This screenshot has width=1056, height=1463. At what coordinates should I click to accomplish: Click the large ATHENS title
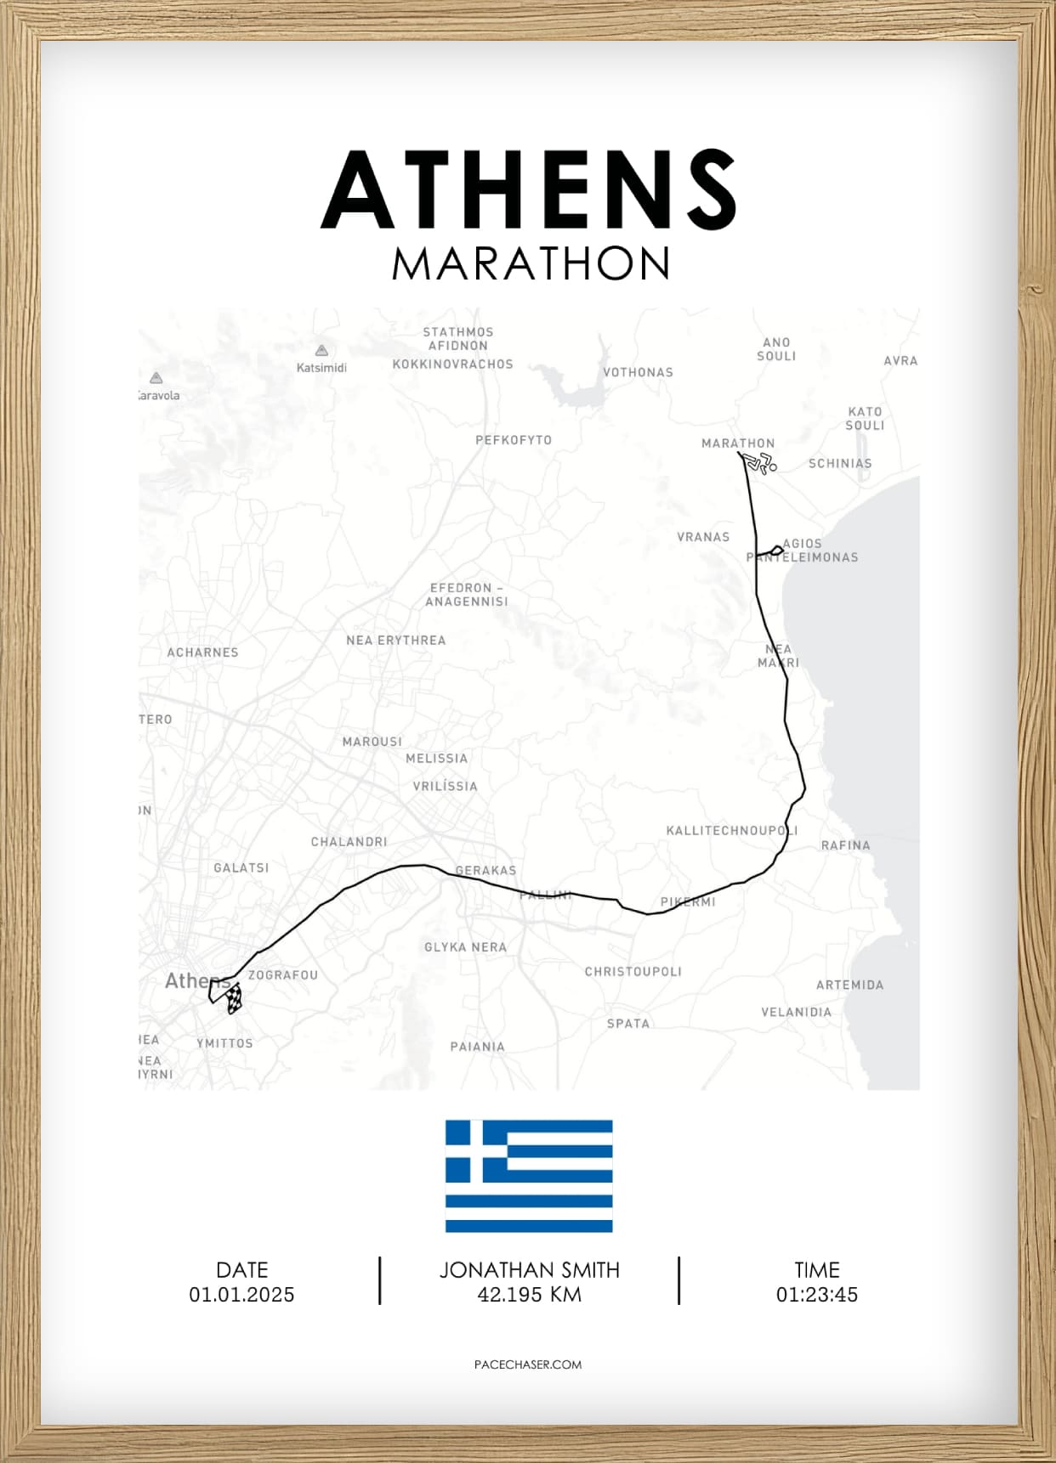tap(528, 190)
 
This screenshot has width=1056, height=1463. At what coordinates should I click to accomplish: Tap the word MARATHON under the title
tap(531, 264)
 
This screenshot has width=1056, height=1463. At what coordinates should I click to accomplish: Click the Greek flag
tap(529, 1176)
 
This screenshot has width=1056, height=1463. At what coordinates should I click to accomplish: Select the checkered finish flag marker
tap(234, 998)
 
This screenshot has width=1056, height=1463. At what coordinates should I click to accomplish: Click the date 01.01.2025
tap(241, 1295)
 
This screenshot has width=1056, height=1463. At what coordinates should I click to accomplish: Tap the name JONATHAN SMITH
tap(529, 1270)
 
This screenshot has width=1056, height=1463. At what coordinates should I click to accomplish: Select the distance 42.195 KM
tap(529, 1295)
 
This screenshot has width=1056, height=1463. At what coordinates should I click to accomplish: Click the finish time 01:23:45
tap(816, 1295)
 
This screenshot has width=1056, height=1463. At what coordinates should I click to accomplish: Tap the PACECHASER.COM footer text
tap(528, 1364)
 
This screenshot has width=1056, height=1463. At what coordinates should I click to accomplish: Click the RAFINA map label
tap(845, 845)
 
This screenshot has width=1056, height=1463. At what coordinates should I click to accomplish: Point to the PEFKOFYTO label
tap(514, 440)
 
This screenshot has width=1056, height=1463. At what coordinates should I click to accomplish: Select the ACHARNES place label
tap(202, 652)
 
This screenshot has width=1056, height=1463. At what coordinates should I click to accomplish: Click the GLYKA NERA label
tap(465, 947)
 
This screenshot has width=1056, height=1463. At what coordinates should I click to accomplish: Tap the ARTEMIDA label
tap(849, 985)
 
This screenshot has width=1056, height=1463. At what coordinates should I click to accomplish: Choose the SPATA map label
tap(627, 1024)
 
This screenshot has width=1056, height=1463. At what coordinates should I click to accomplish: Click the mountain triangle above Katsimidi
tap(321, 350)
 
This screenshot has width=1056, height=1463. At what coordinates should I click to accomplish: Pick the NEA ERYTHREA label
tap(395, 641)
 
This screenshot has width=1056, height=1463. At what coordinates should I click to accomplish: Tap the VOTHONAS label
tap(638, 372)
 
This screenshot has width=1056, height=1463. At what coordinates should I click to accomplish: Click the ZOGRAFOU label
tap(282, 975)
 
